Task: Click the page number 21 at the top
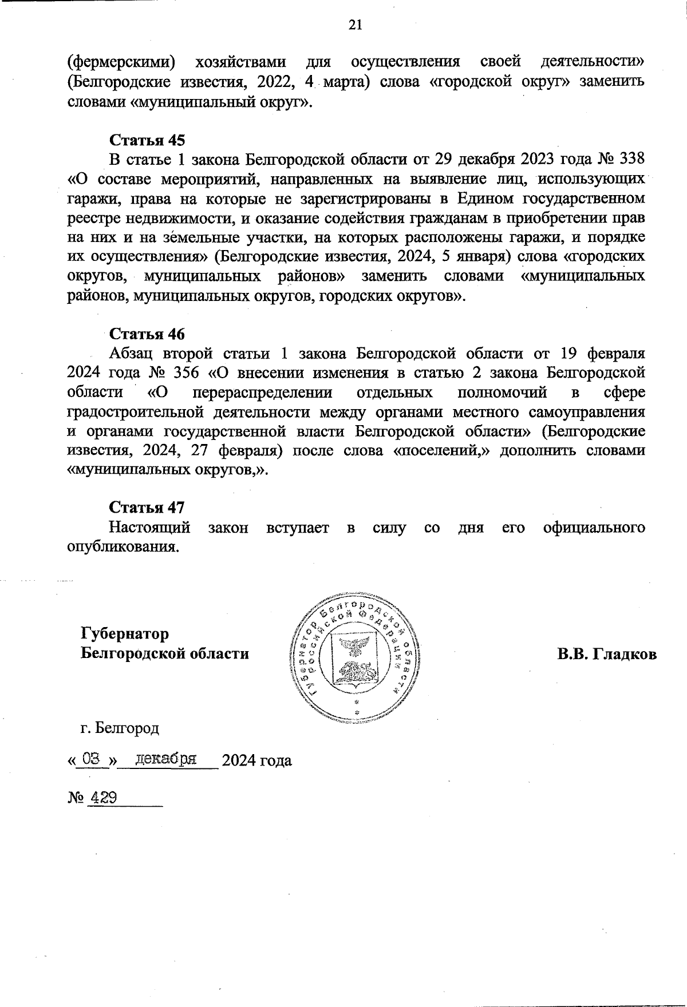[x=355, y=24]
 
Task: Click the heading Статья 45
[x=147, y=140]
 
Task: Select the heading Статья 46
[x=147, y=334]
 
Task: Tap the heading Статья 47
[x=147, y=508]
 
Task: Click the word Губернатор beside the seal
[x=125, y=635]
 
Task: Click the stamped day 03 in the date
[x=92, y=760]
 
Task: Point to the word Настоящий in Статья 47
[x=151, y=527]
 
